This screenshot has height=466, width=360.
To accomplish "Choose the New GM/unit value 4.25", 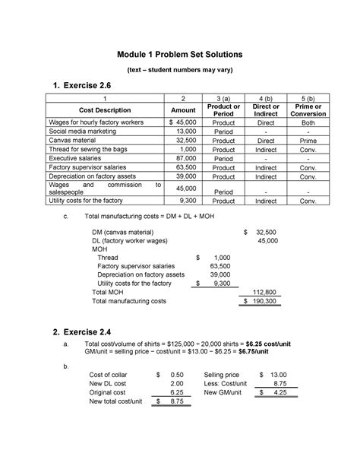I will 279,393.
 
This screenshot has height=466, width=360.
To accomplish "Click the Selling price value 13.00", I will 276,376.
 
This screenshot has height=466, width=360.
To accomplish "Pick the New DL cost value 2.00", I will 175,385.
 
